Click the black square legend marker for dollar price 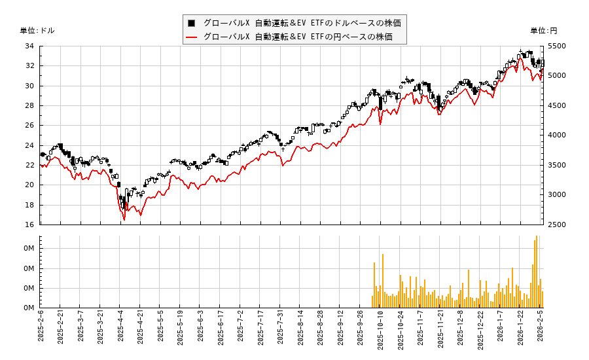[191, 23]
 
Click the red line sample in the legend [191, 37]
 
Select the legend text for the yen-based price [298, 37]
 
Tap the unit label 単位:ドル [37, 31]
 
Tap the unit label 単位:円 [544, 31]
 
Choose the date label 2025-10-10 [381, 331]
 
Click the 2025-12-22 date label [481, 331]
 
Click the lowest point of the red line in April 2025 [124, 220]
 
